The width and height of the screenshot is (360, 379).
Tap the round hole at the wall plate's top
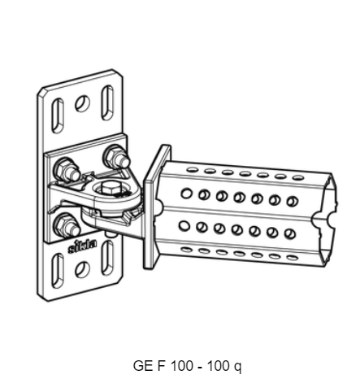[x=81, y=103]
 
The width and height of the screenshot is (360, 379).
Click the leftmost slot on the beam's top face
[x=193, y=170]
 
